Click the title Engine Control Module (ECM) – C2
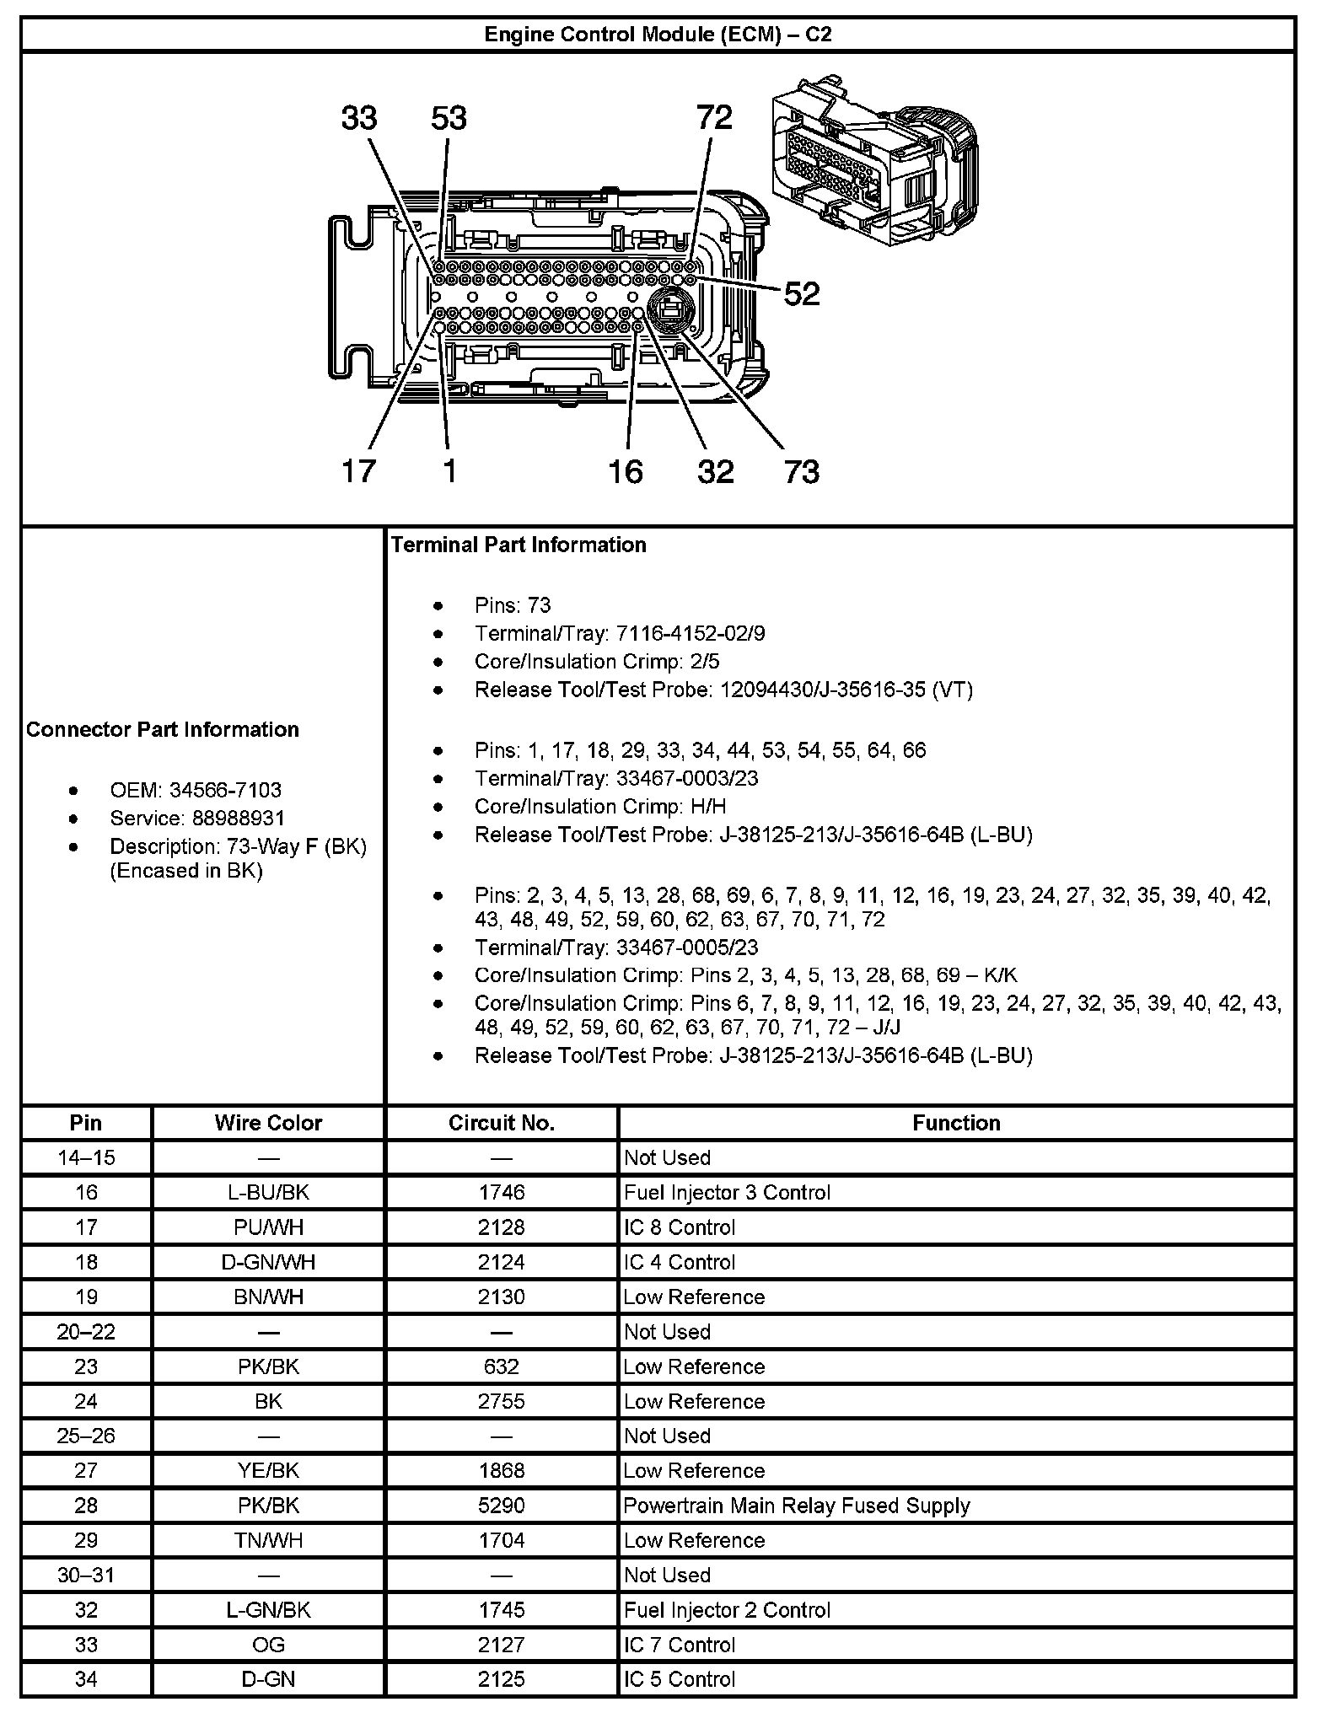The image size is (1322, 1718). point(658,35)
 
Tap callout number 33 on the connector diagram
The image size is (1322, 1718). point(359,118)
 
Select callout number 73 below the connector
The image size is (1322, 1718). point(801,471)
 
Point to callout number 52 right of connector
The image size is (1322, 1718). point(801,293)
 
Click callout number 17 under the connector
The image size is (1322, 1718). point(359,471)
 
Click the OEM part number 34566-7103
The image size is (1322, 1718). point(225,790)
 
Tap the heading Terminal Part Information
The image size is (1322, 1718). point(519,545)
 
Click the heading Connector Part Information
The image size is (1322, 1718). point(163,729)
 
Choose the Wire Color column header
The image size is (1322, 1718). point(268,1123)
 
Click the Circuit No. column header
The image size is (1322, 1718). point(501,1123)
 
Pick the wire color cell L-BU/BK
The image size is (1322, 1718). point(268,1192)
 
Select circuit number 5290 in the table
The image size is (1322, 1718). point(501,1506)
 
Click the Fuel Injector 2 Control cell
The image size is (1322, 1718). point(727,1610)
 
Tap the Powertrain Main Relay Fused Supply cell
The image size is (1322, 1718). point(797,1506)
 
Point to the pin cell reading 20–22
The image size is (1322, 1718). point(86,1332)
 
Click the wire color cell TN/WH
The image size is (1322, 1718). point(268,1540)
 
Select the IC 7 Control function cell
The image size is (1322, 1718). point(679,1645)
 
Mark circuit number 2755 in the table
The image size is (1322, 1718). point(501,1401)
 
